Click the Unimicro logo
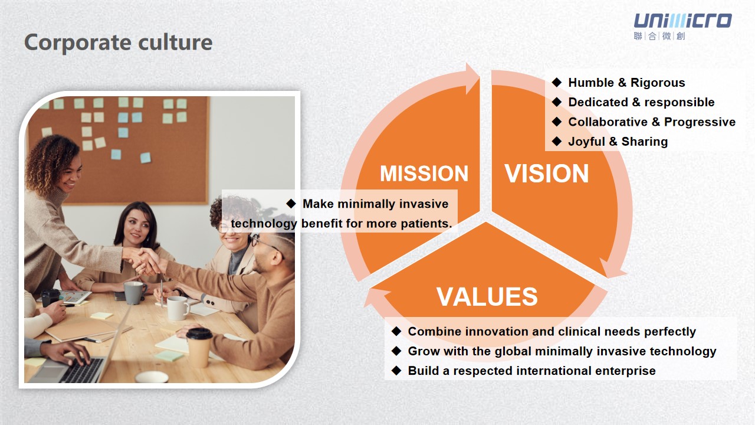pyautogui.click(x=682, y=27)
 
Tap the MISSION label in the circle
pyautogui.click(x=424, y=174)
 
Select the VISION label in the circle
pyautogui.click(x=546, y=174)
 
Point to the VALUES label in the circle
pyautogui.click(x=487, y=297)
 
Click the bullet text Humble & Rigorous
pyautogui.click(x=626, y=83)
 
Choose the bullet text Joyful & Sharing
pyautogui.click(x=618, y=142)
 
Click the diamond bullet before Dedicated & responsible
pyautogui.click(x=557, y=102)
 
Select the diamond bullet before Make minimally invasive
pyautogui.click(x=291, y=204)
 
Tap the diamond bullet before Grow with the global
pyautogui.click(x=396, y=351)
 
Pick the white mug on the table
pyautogui.click(x=178, y=308)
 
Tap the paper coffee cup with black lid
pyautogui.click(x=199, y=348)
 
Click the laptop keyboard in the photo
pyautogui.click(x=83, y=370)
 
